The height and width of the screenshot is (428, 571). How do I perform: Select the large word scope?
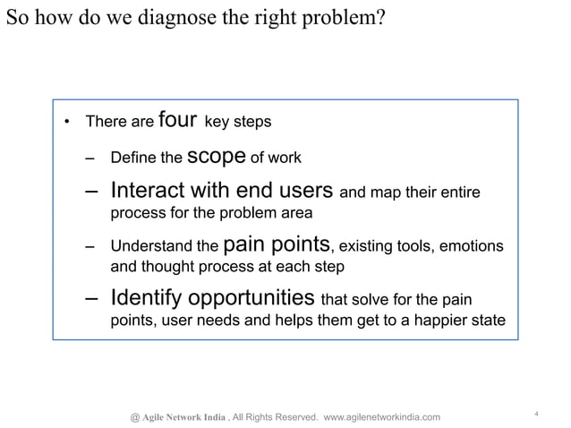[x=217, y=157]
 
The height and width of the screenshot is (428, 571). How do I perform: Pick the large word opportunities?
[x=252, y=298]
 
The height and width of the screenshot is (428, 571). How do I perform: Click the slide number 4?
[x=534, y=412]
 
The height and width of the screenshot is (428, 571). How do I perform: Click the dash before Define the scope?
[x=89, y=159]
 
